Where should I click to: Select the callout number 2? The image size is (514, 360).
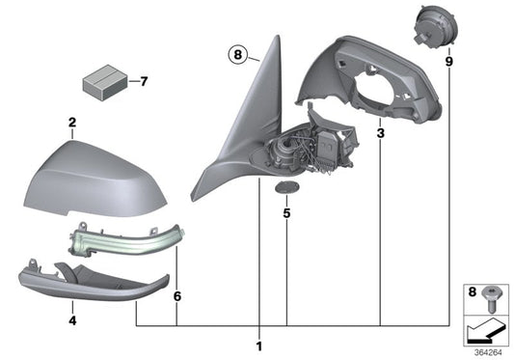coord(71,123)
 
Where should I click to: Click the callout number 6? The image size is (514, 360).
coord(176,298)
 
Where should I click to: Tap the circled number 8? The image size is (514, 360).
coord(239,55)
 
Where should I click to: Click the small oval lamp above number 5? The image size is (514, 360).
coord(285,187)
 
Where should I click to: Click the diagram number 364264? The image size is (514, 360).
coord(487,351)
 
